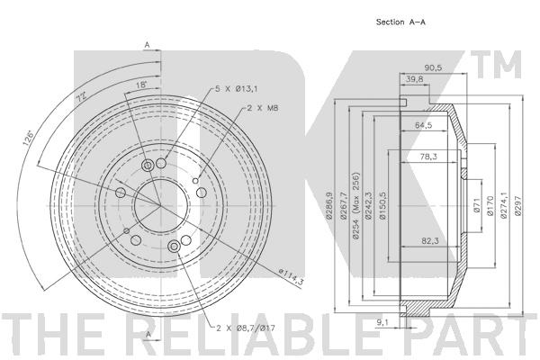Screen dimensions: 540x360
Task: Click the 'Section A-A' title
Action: tap(400, 22)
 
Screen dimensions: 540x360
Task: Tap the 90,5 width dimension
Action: tap(433, 67)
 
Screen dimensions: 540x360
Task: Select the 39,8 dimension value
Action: tap(414, 79)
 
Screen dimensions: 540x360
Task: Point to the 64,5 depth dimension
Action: tap(423, 125)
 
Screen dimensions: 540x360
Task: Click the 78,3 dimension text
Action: tap(428, 157)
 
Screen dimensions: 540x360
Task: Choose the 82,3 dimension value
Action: tap(430, 241)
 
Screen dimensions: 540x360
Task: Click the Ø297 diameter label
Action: tap(518, 206)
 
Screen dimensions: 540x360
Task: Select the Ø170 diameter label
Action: tap(490, 206)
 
